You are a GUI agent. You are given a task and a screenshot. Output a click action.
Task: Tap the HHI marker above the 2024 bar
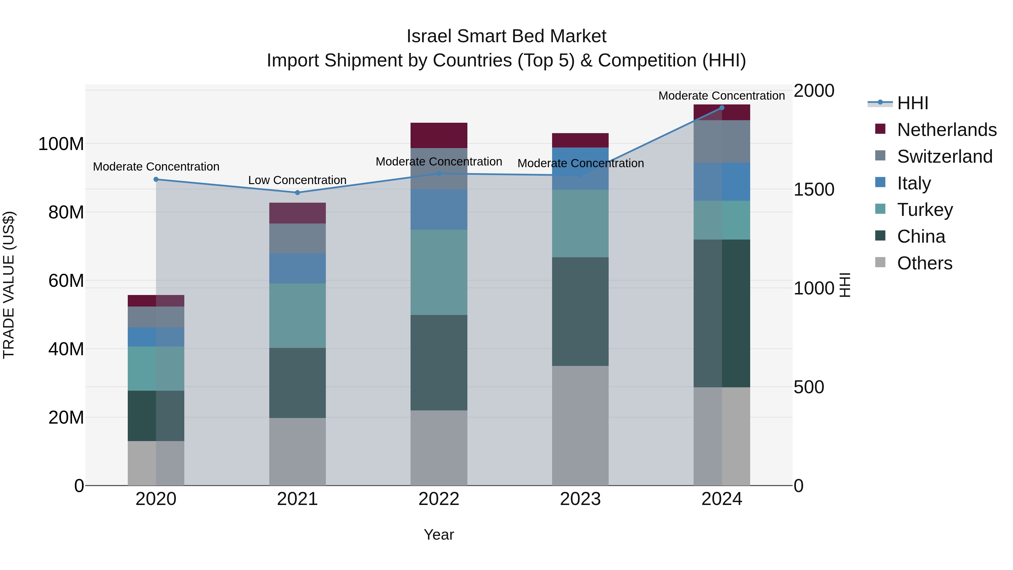(x=721, y=108)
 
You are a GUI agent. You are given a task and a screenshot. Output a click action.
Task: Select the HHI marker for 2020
(x=156, y=179)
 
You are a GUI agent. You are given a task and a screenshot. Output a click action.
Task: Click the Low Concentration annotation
(x=297, y=180)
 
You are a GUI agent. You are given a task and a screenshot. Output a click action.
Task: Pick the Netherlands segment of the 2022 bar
(x=439, y=135)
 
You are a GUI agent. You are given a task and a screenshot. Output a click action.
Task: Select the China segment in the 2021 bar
(x=297, y=383)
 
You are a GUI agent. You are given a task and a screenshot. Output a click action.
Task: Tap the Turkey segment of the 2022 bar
(x=439, y=272)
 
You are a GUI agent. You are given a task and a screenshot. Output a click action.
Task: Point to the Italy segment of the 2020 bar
(x=156, y=337)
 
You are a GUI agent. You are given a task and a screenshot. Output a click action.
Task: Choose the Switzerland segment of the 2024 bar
(x=721, y=142)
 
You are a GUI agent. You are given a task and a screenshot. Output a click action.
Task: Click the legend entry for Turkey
(x=925, y=210)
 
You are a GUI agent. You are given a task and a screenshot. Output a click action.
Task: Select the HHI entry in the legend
(x=912, y=103)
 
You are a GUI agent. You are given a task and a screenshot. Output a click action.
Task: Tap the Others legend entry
(x=924, y=263)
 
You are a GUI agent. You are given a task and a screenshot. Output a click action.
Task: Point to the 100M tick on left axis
(x=61, y=144)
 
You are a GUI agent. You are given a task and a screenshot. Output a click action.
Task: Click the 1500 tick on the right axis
(x=813, y=190)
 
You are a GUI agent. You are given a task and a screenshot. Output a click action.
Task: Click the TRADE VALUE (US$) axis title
(x=9, y=285)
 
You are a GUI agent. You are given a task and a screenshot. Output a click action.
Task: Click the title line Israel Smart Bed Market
(x=506, y=36)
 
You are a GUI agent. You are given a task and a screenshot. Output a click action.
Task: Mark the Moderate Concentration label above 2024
(x=721, y=96)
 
